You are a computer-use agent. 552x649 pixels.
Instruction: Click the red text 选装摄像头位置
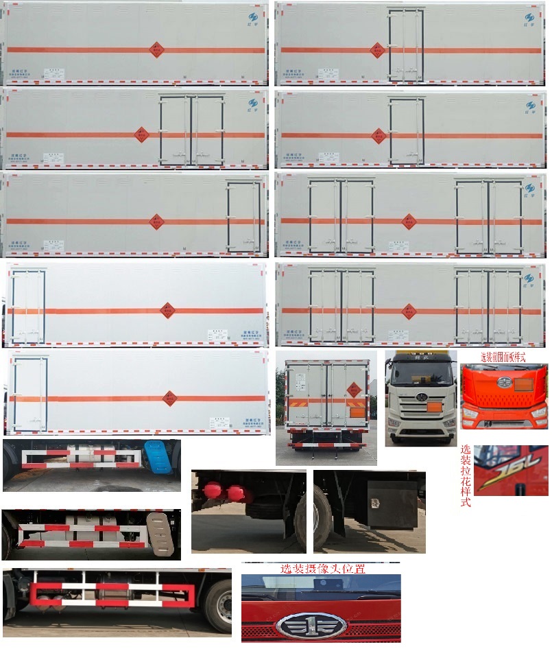[x=322, y=569]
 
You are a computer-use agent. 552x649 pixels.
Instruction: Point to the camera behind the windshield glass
[x=322, y=584]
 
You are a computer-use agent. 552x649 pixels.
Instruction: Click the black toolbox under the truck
[x=393, y=504]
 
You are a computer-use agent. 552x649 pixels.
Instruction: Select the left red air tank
[x=212, y=493]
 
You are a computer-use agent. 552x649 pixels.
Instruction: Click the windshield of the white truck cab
[x=420, y=373]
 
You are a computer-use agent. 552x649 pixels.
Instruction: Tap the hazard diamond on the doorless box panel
[x=157, y=49]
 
